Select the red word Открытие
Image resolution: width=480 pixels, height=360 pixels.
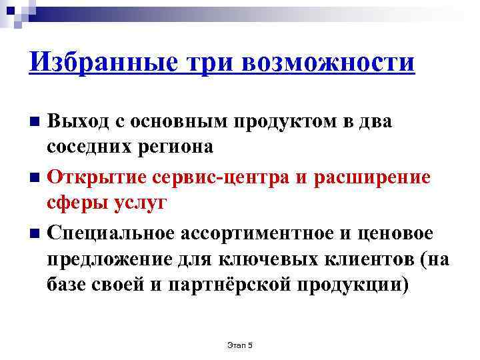(94, 178)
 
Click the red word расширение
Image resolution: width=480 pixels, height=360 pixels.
(375, 178)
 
